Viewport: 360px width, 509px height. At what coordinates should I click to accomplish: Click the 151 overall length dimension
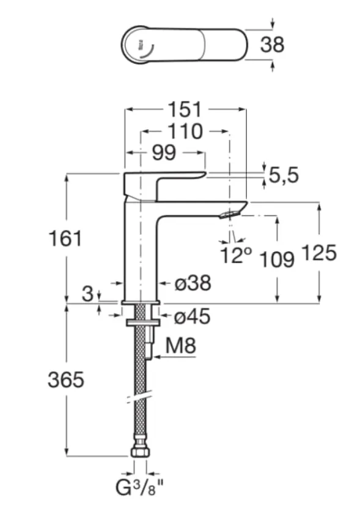point(185,110)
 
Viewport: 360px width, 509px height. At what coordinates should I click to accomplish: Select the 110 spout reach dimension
point(185,132)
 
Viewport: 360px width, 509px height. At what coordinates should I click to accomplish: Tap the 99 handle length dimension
point(164,152)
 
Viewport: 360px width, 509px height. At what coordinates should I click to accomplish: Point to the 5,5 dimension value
point(284,176)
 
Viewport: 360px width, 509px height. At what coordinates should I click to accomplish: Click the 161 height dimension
point(65,238)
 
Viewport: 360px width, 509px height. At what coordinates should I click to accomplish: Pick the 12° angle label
point(236,255)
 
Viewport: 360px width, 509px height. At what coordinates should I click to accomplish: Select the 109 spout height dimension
point(277,259)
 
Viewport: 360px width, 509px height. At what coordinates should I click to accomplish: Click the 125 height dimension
point(319,253)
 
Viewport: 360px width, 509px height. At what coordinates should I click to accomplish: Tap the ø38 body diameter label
point(193,283)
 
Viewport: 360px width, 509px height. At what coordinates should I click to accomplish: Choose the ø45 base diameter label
point(193,316)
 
